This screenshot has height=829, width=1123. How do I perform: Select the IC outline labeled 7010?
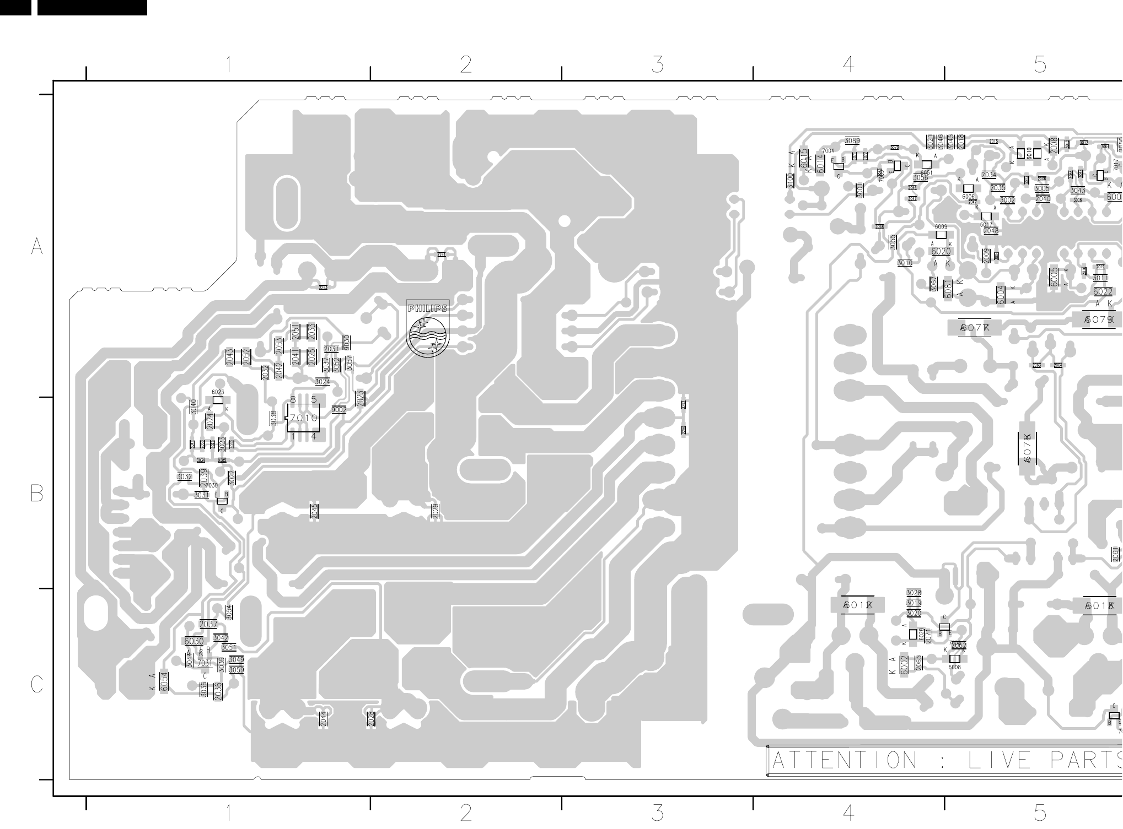(x=303, y=418)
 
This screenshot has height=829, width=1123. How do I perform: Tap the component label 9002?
(x=339, y=410)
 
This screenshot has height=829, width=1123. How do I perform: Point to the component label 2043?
(x=230, y=357)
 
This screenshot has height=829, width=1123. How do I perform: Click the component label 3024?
(x=323, y=382)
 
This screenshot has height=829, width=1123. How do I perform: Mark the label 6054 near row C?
(x=164, y=681)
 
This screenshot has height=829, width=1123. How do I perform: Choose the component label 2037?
(x=208, y=624)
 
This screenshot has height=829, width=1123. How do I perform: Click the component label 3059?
(x=237, y=670)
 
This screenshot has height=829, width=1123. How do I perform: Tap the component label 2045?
(x=314, y=511)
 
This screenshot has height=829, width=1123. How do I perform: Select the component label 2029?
(x=436, y=511)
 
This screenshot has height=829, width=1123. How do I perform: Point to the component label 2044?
(x=323, y=718)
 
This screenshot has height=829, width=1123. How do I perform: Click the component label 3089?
(x=852, y=141)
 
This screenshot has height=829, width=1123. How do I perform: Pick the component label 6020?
(x=941, y=252)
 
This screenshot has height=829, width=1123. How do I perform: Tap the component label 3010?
(x=905, y=263)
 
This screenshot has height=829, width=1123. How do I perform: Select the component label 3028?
(x=914, y=593)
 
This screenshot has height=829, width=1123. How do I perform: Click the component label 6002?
(x=904, y=665)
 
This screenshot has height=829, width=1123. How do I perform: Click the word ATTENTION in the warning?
(x=844, y=761)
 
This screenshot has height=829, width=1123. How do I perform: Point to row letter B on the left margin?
(x=36, y=494)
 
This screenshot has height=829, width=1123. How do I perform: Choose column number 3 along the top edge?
(x=657, y=65)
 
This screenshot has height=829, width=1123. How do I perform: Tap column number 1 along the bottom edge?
(x=228, y=812)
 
